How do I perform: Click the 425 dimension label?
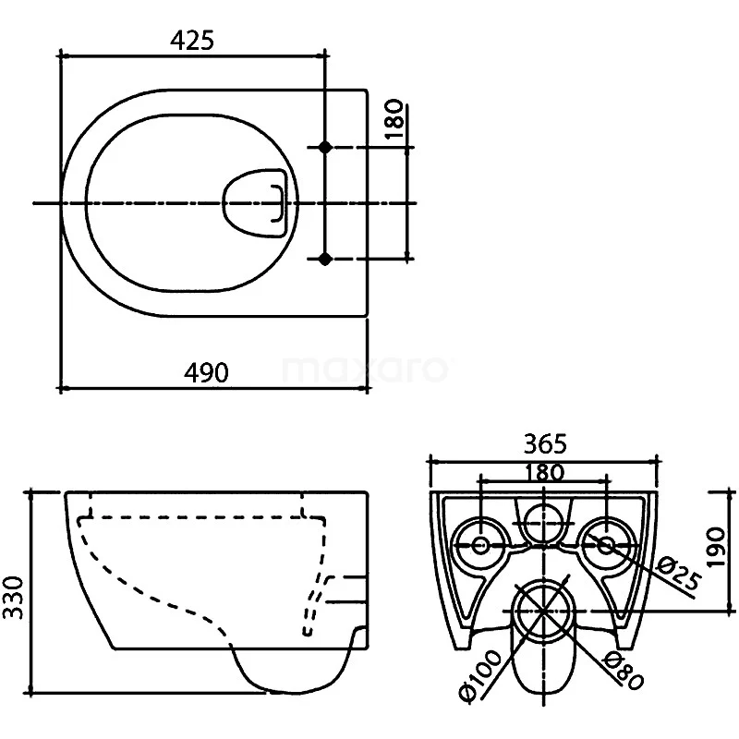(x=192, y=40)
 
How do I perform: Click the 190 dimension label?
(x=727, y=550)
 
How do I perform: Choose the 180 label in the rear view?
(x=543, y=471)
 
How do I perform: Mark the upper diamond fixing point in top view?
(x=324, y=147)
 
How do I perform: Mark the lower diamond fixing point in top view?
(x=324, y=260)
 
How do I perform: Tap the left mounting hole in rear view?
(x=480, y=545)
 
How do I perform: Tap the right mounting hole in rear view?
(x=605, y=545)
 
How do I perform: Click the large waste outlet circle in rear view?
(x=543, y=610)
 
